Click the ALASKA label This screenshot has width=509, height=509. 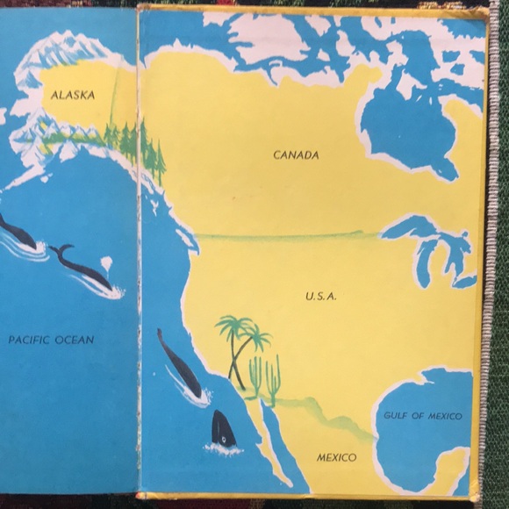pos(73,95)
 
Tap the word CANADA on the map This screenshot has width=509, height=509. pos(296,155)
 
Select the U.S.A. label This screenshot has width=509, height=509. pos(321,297)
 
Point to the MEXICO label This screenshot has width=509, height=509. pos(337,458)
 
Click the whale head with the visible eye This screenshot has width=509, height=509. pos(223,430)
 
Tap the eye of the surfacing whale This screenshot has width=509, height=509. pos(225,438)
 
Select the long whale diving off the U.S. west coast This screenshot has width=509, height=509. pos(179,364)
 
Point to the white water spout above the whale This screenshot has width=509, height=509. pos(105,262)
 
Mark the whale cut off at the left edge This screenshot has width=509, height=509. pos(16,233)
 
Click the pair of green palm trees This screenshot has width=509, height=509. pos(240,338)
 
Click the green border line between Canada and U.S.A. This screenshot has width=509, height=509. pos(281,235)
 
